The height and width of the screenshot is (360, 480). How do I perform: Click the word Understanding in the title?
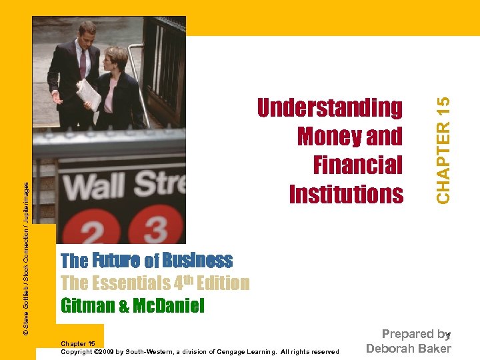(x=330, y=107)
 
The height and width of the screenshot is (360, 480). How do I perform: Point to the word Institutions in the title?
(x=346, y=194)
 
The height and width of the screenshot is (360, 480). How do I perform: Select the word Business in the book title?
(x=197, y=260)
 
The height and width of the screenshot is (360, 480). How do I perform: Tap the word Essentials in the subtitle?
(x=128, y=283)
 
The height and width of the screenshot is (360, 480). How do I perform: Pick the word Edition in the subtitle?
(x=221, y=283)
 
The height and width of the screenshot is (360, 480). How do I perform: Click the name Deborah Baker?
(x=409, y=348)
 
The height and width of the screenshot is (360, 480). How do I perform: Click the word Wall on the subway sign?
(x=98, y=186)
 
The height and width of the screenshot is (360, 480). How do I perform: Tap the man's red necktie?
(x=83, y=63)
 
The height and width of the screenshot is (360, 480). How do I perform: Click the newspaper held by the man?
(x=88, y=93)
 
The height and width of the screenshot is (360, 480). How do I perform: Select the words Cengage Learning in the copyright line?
(x=259, y=352)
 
